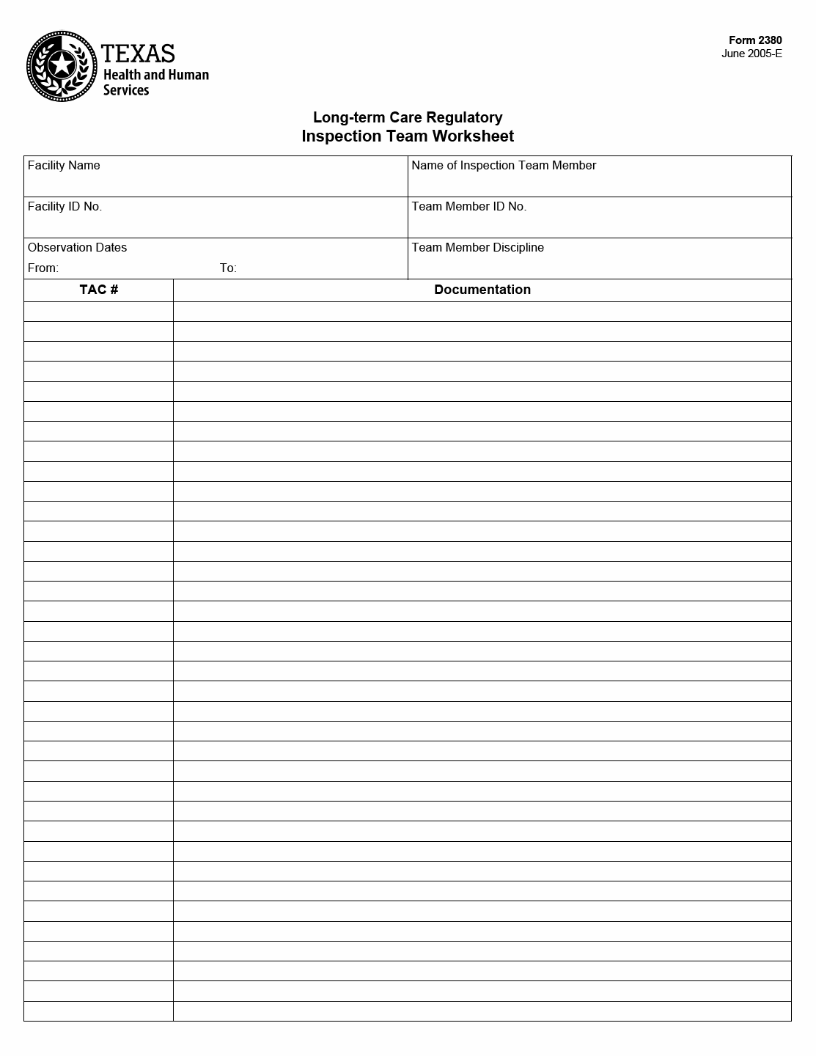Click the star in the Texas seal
[62, 65]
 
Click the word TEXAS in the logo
[138, 54]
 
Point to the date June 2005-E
[751, 54]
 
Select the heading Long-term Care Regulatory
[408, 117]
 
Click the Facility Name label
[64, 166]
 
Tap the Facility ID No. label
[65, 207]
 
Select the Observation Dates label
[77, 248]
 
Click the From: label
[43, 268]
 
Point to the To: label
[228, 268]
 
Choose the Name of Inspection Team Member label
[504, 166]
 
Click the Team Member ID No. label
[468, 207]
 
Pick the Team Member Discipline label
[477, 248]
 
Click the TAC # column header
[99, 290]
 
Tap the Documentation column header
[482, 290]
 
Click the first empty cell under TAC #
[99, 312]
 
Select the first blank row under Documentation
[482, 312]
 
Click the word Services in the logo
[126, 90]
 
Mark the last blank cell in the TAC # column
[99, 1011]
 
